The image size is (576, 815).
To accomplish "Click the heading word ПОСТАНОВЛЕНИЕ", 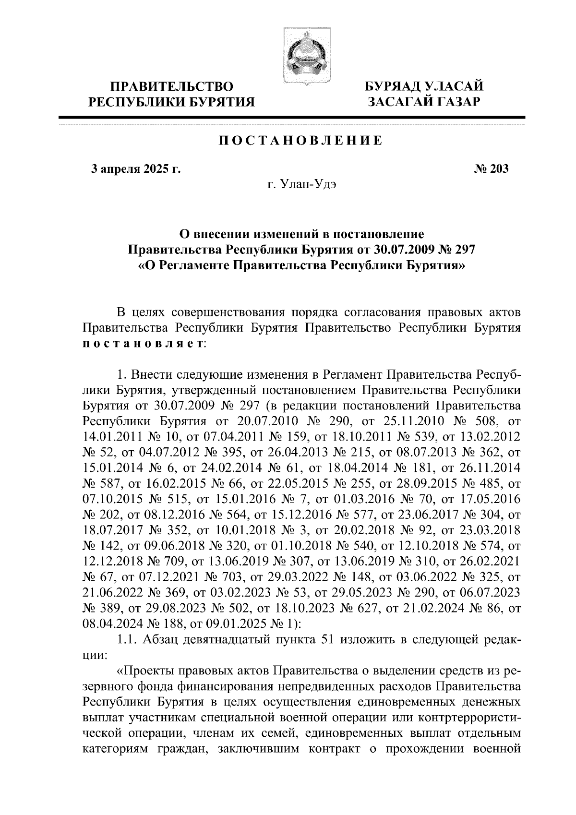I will tap(301, 141).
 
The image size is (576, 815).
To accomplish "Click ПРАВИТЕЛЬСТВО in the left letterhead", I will tap(172, 87).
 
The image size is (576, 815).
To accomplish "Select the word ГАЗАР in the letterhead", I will tap(454, 102).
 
